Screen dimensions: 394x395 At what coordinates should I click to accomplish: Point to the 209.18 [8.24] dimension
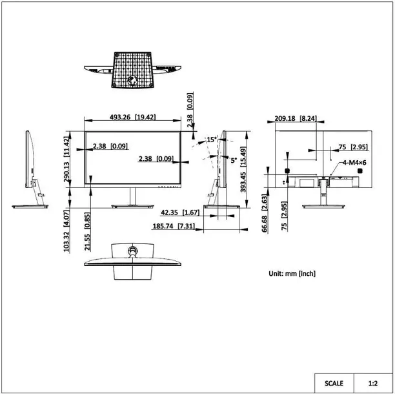pos(295,118)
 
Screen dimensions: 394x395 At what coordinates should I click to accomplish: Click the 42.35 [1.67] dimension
pos(179,213)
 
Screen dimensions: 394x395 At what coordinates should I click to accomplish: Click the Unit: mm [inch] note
pos(292,274)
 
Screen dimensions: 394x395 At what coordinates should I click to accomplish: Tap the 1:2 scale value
pos(373,382)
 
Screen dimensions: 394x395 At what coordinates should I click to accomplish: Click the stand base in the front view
pos(133,207)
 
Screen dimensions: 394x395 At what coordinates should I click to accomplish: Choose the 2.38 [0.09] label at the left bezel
pos(109,147)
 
